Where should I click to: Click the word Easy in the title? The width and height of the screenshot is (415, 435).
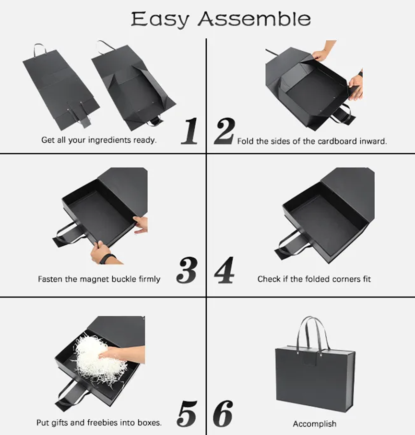[x=160, y=20]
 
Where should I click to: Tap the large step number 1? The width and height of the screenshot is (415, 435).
[x=190, y=131]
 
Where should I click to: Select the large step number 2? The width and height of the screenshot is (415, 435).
[x=225, y=131]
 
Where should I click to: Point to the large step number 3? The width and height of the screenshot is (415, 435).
[x=187, y=270]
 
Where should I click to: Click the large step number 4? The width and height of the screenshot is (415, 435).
[x=224, y=270]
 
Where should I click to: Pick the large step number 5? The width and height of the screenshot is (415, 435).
[x=187, y=413]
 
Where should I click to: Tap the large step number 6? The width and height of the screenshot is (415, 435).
[x=223, y=413]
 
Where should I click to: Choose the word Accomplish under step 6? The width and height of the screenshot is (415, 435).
[x=314, y=424]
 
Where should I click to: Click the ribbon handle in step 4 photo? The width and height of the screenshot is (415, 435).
[x=295, y=244]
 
